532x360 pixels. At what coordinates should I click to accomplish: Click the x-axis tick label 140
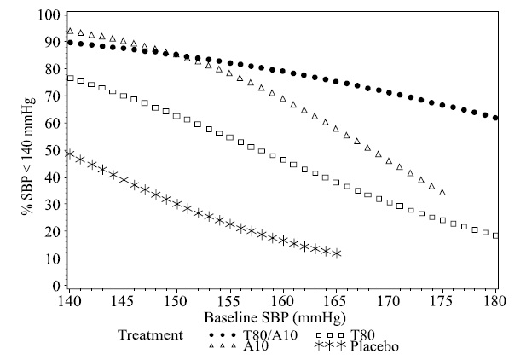click(69, 301)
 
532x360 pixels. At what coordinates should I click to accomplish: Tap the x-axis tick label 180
click(495, 301)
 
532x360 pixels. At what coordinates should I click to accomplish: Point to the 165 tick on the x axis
click(336, 301)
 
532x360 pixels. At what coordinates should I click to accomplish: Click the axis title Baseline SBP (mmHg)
click(281, 316)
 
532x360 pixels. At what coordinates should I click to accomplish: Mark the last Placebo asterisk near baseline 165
click(337, 253)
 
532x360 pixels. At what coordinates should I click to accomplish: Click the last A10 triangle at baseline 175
click(442, 193)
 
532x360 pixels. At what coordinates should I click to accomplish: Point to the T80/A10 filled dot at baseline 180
click(495, 118)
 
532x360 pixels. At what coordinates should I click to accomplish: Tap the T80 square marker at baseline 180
click(495, 235)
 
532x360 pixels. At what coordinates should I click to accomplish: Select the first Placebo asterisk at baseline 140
click(70, 154)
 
